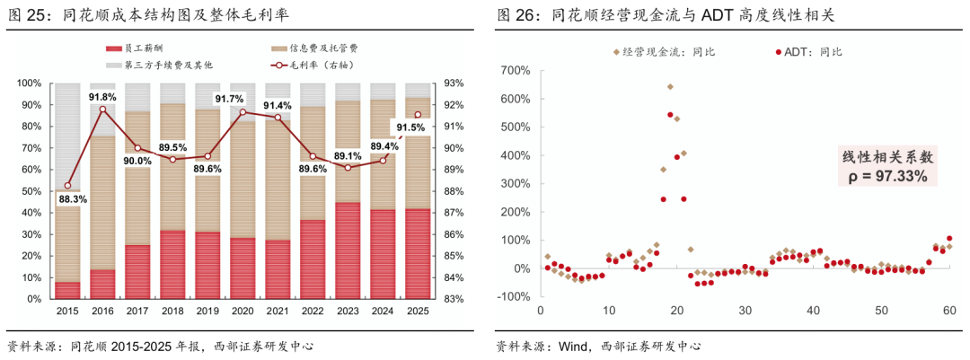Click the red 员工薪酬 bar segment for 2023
click(x=348, y=250)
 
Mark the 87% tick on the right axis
click(x=454, y=213)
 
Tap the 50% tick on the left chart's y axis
click(x=29, y=191)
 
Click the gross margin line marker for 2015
click(x=68, y=186)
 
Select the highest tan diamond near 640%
click(x=670, y=87)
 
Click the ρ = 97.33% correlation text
click(x=887, y=177)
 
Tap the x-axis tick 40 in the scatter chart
click(x=814, y=311)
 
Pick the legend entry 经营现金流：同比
click(x=665, y=52)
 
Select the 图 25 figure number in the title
click(x=27, y=14)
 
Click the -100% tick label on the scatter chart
click(x=512, y=297)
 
